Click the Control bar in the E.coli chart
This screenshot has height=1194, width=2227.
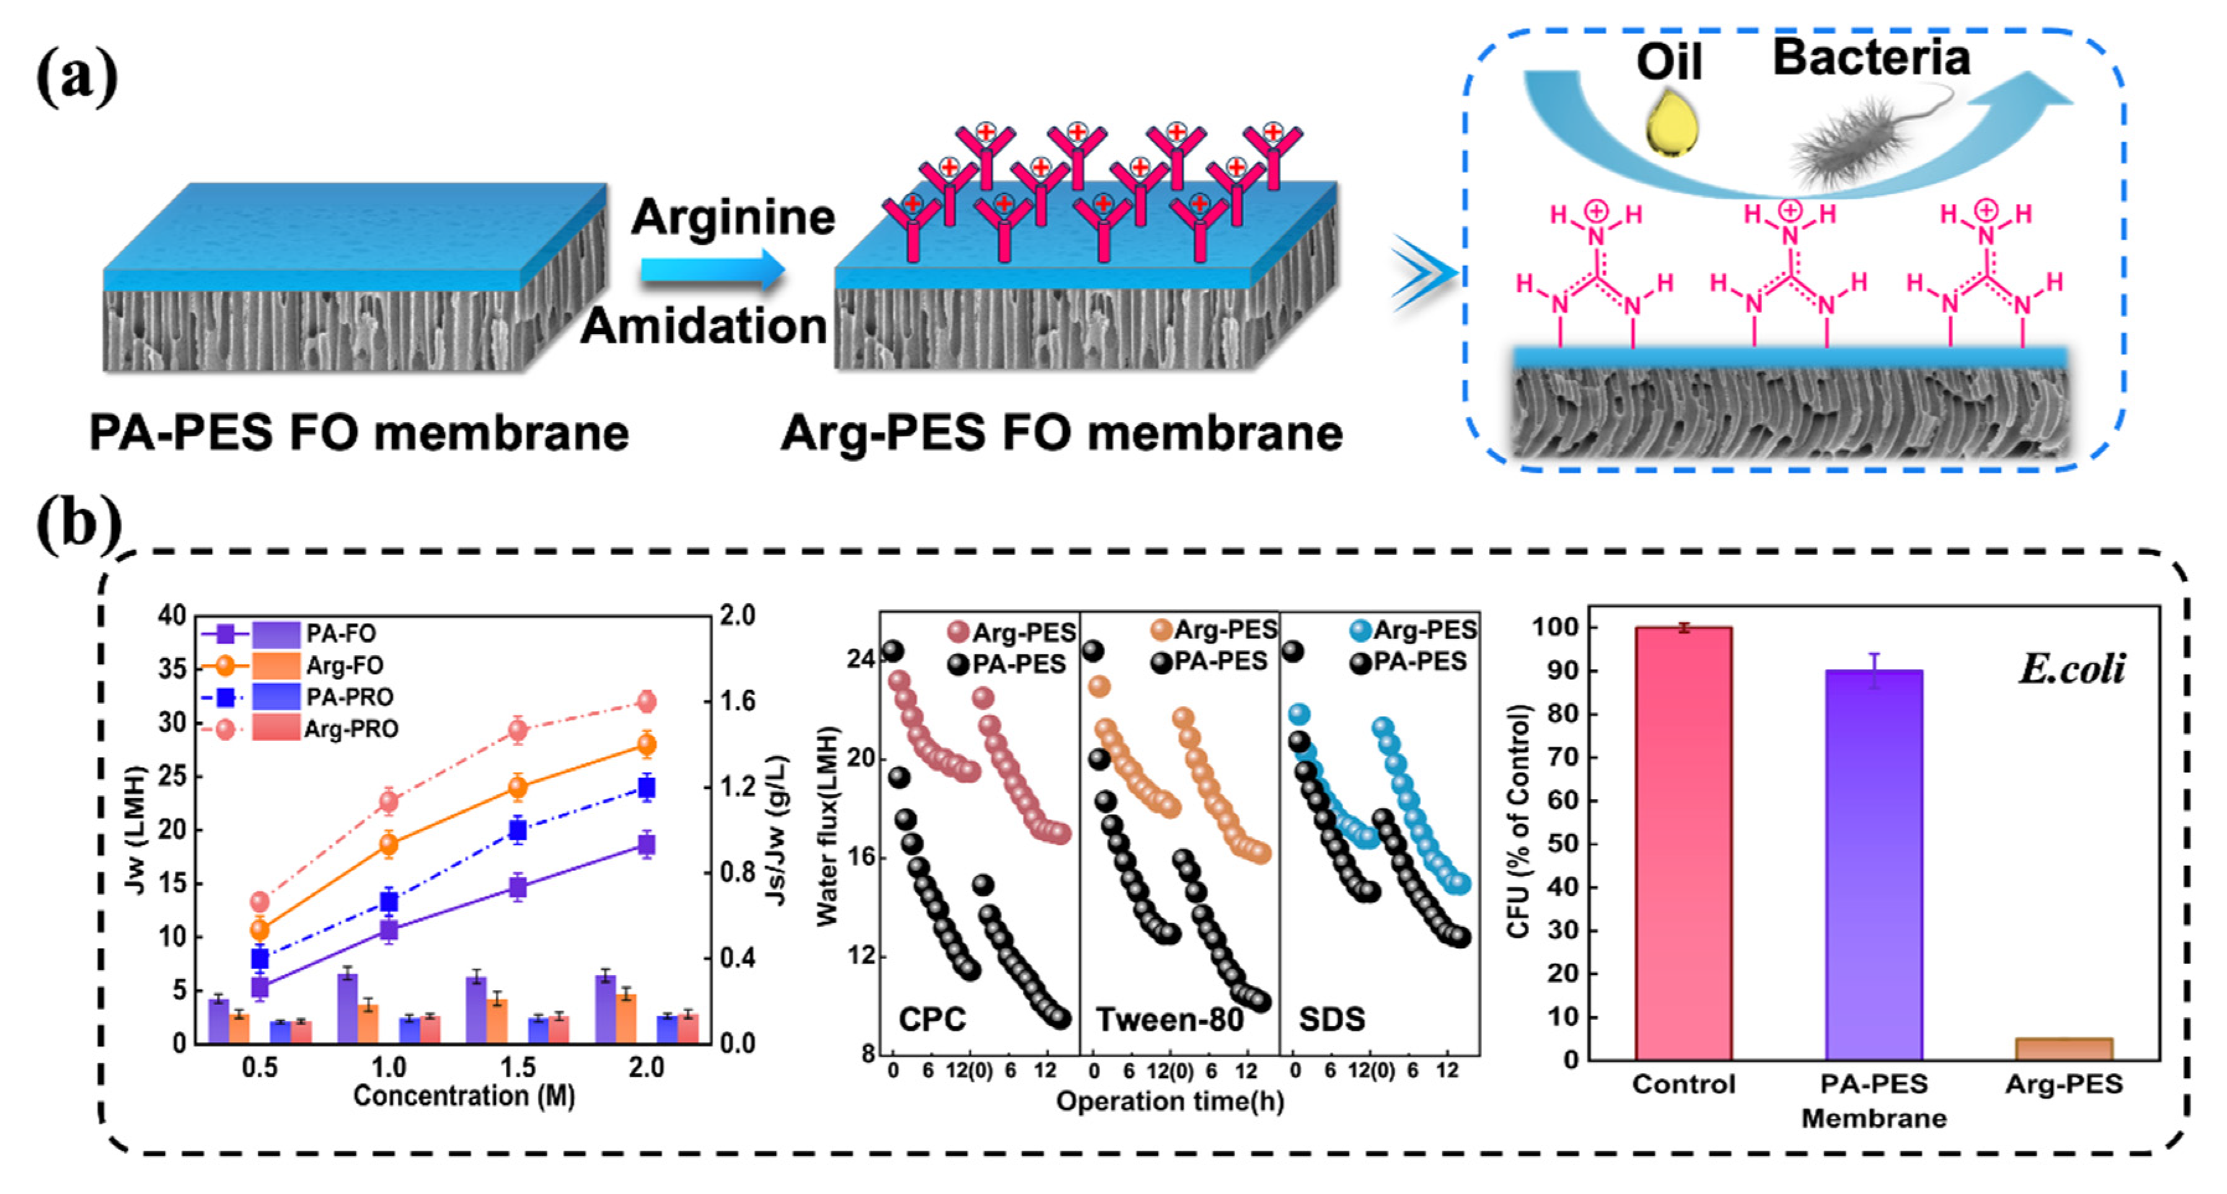click(x=1683, y=843)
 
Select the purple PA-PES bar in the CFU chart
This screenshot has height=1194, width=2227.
click(x=1874, y=865)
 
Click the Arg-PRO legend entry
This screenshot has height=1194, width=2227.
click(x=350, y=730)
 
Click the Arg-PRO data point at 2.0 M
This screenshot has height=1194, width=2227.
click(x=646, y=701)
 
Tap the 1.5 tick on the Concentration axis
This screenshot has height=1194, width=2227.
click(x=517, y=1067)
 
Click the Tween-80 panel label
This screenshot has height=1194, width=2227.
click(x=1169, y=1019)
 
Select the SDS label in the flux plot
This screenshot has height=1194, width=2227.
click(x=1331, y=1019)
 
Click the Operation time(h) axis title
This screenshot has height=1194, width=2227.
click(x=1169, y=1102)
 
